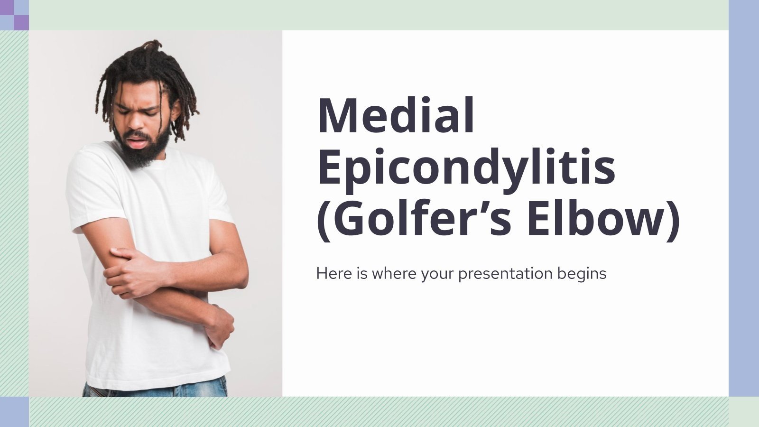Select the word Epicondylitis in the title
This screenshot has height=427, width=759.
466,167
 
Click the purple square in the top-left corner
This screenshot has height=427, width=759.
21,22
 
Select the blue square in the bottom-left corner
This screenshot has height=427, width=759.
14,411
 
